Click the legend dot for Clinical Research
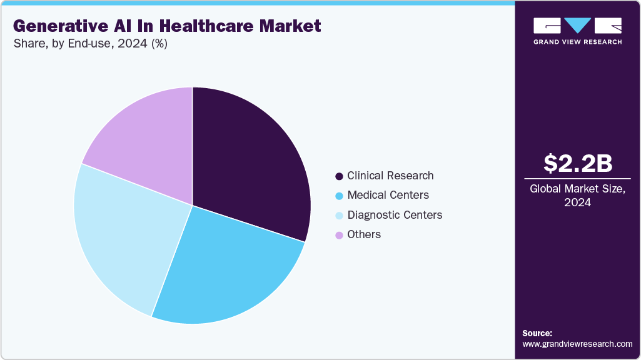[339, 176]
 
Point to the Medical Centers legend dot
[339, 196]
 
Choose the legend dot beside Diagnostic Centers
[339, 215]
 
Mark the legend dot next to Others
[339, 235]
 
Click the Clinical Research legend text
[390, 176]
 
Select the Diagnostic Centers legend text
[395, 215]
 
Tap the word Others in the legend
[364, 234]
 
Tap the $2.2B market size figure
[577, 163]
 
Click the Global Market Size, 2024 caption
[577, 196]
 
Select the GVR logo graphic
[577, 26]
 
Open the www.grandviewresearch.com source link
[577, 344]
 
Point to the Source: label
[538, 333]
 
